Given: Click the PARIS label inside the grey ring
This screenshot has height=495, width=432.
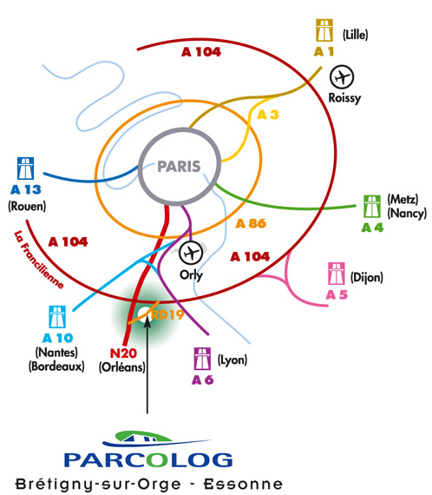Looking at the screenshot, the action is tap(179, 167).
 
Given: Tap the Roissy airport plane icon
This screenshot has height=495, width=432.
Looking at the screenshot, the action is tap(342, 76).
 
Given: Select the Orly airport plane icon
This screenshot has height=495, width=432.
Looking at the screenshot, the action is tap(191, 253).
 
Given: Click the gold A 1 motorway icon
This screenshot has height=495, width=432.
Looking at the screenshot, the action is tap(324, 30).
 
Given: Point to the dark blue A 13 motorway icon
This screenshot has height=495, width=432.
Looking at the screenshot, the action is tap(25, 168).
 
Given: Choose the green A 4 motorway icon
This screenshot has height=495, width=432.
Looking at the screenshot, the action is tap(372, 207).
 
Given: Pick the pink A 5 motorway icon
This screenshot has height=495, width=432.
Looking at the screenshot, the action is tap(337, 274).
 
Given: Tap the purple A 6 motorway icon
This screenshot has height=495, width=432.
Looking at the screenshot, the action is tap(202, 359).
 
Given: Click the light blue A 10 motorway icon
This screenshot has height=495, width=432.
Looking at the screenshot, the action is tap(57, 317).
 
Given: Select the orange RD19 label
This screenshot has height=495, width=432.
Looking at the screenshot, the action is tap(167, 314).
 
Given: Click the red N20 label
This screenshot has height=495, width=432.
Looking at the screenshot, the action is tap(123, 353).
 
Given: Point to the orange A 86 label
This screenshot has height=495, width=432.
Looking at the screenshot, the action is tap(251, 223).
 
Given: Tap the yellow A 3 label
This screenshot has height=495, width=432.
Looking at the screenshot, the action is tap(268, 115).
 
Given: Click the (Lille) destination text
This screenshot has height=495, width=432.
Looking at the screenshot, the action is tap(356, 35).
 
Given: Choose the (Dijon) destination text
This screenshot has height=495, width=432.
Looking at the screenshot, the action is tap(367, 277).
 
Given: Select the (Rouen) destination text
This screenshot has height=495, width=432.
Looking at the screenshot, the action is tap(27, 206).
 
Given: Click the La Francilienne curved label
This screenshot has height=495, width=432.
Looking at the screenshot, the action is tap(38, 260).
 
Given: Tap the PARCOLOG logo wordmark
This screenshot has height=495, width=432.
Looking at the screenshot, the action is tap(148, 460).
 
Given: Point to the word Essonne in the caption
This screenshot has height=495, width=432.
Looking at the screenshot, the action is tap(243, 484).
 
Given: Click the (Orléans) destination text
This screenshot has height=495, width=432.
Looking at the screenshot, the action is tap(122, 367).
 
